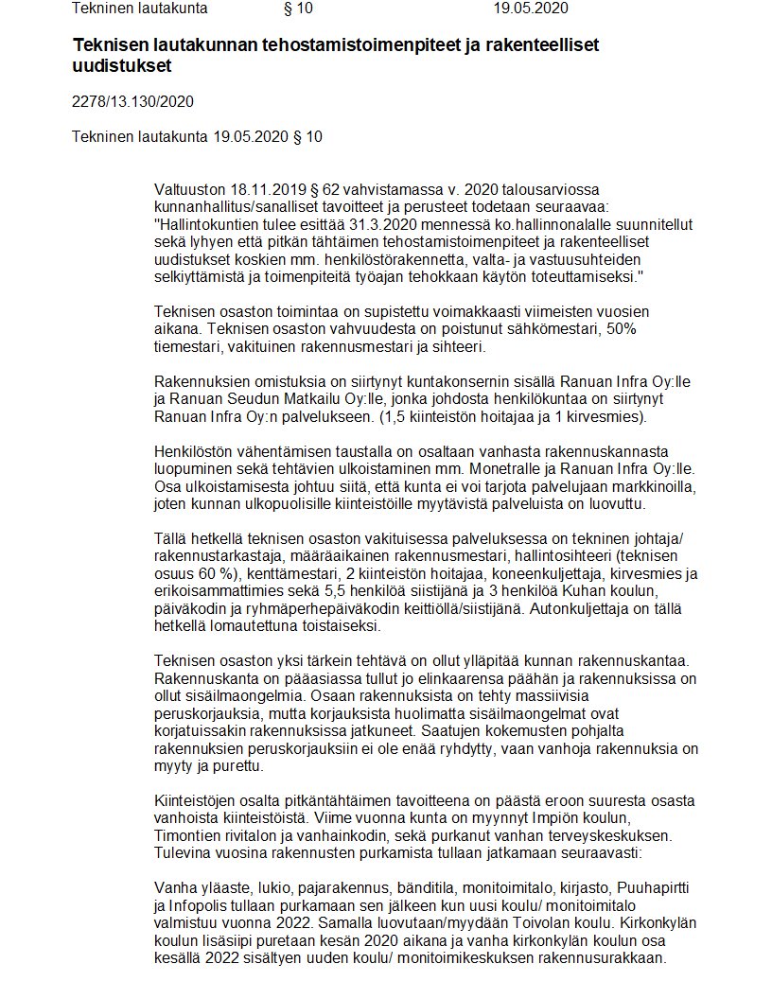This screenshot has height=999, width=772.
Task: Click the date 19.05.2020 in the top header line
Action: (x=531, y=9)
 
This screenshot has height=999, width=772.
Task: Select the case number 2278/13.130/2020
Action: (x=132, y=101)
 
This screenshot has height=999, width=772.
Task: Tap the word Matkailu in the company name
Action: (x=320, y=399)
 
